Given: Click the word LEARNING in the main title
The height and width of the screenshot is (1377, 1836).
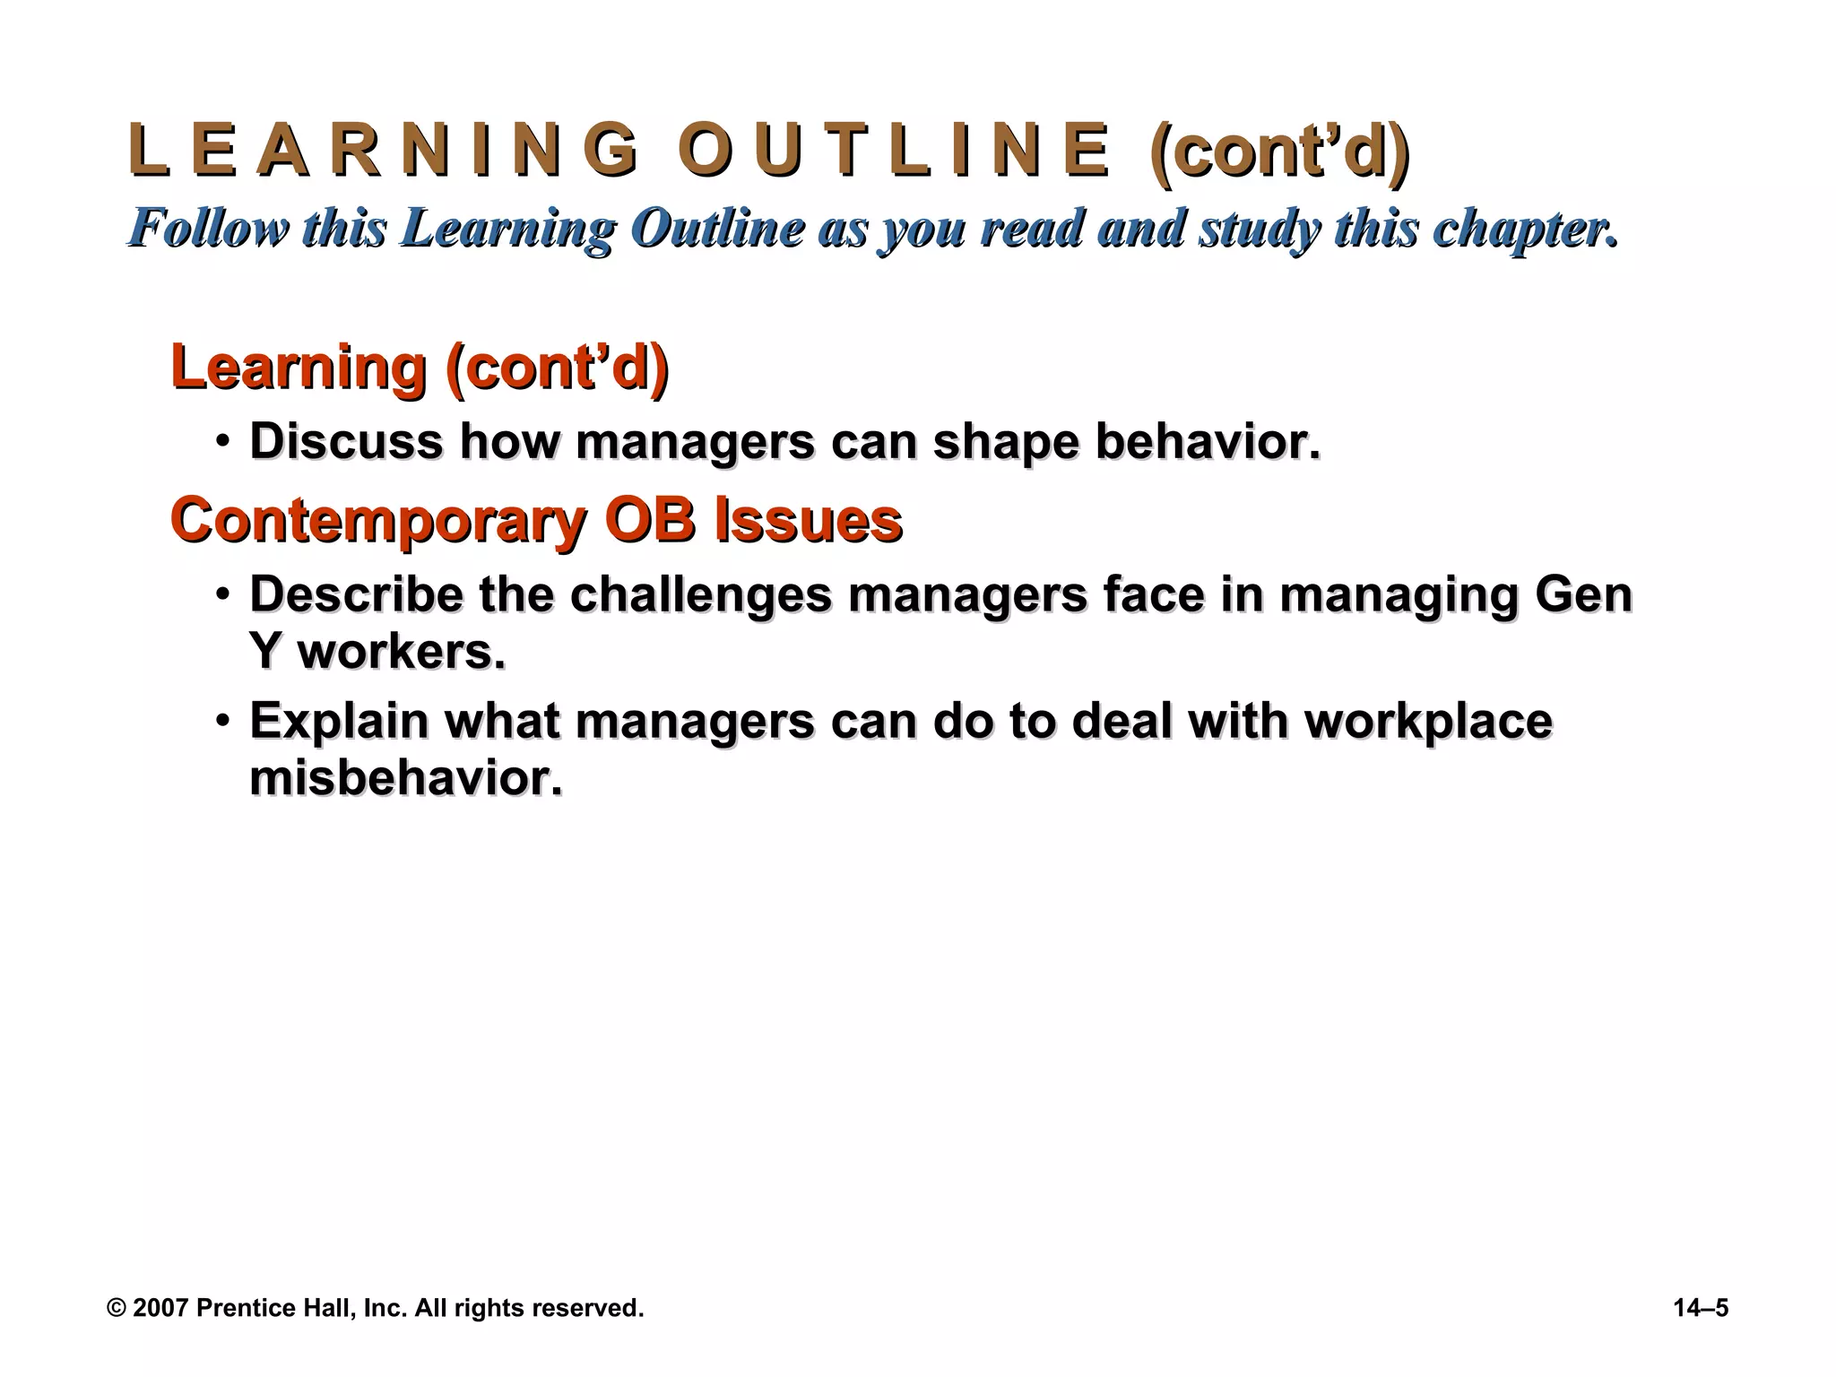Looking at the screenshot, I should [384, 151].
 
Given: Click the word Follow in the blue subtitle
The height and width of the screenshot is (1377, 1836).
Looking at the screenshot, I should [212, 228].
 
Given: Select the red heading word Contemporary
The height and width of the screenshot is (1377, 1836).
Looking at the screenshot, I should [377, 521].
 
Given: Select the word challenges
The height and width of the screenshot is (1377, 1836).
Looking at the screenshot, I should [700, 595].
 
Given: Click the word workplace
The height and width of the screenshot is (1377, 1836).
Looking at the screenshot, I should [1428, 721].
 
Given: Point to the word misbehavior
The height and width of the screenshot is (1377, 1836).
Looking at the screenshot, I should [405, 778].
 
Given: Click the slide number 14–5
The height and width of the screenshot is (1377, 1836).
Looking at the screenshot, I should [1700, 1308].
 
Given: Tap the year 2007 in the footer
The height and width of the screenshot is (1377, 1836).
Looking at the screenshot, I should [160, 1308].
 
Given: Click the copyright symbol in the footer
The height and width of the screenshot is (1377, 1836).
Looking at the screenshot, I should [116, 1308].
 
